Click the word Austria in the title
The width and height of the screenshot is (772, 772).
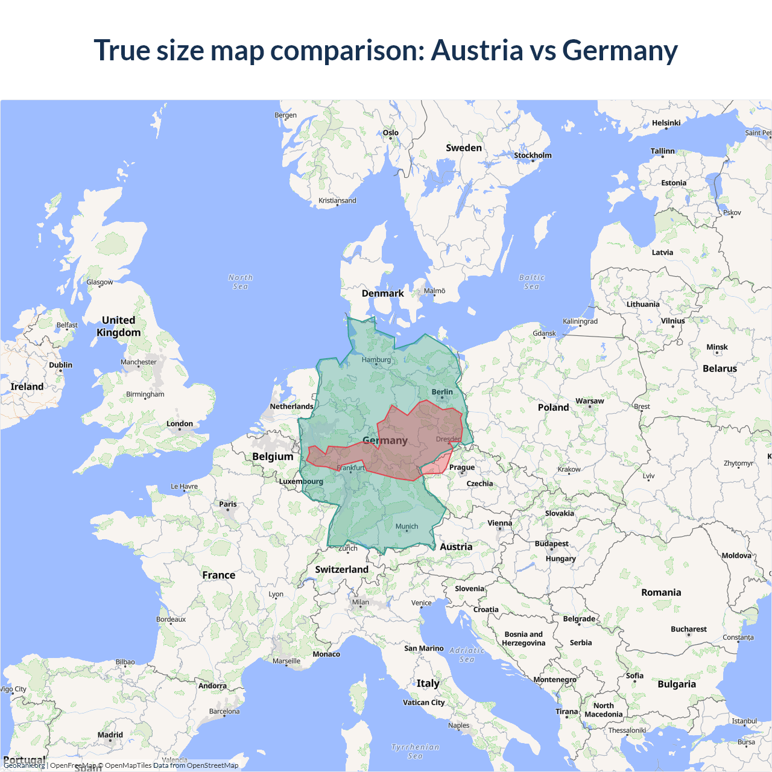[x=476, y=50]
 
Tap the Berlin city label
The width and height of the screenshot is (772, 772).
[x=442, y=392]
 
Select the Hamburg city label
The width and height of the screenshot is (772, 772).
[x=376, y=360]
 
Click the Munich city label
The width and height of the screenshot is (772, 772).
[x=407, y=527]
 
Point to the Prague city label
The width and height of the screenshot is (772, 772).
[x=462, y=467]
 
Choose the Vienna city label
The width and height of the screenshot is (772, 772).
[x=499, y=524]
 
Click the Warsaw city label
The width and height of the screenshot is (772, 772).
[x=589, y=401]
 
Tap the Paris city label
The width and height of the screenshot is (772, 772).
[x=228, y=504]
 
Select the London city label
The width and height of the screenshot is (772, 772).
[x=180, y=424]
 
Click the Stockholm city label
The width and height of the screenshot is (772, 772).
[x=533, y=156]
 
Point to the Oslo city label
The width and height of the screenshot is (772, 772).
[x=391, y=133]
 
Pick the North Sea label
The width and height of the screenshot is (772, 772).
[x=241, y=282]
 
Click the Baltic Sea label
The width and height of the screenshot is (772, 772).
[x=531, y=282]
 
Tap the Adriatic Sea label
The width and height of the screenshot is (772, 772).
[x=467, y=654]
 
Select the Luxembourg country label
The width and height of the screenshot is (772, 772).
[x=301, y=481]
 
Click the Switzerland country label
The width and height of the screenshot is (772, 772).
[x=341, y=569]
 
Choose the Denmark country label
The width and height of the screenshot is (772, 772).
[x=382, y=294]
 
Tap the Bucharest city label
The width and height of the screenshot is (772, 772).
[x=688, y=629]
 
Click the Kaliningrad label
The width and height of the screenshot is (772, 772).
[x=580, y=321]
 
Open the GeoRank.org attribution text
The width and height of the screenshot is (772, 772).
[x=24, y=765]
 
